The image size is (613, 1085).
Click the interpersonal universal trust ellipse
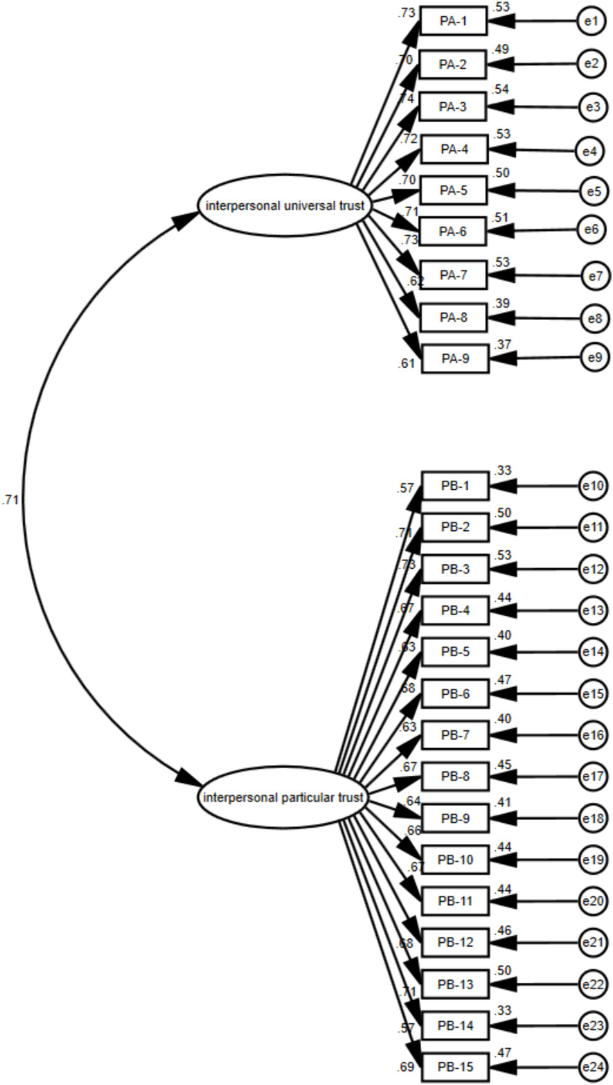tap(284, 206)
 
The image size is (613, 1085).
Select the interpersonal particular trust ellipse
tap(283, 798)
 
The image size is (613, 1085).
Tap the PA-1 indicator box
tap(453, 21)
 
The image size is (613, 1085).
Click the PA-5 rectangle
tap(453, 190)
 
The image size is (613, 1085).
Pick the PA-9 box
tap(455, 358)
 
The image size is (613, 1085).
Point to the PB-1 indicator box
tap(455, 485)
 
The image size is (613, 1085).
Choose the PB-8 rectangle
tap(455, 776)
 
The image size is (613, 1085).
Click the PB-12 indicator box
tap(455, 943)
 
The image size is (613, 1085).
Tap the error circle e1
tap(591, 21)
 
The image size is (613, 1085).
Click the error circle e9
tap(594, 357)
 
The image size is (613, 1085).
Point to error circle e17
tap(593, 776)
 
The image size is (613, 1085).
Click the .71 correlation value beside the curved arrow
tap(10, 500)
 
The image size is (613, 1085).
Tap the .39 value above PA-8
tap(501, 303)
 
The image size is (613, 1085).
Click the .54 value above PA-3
tap(501, 89)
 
